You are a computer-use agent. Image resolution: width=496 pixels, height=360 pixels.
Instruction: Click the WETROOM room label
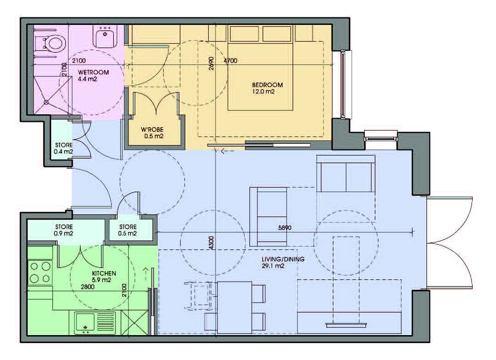coord(93,72)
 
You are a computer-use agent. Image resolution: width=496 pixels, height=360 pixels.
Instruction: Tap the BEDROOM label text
coord(267,85)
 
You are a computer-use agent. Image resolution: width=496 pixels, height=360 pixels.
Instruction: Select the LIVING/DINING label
coord(283,259)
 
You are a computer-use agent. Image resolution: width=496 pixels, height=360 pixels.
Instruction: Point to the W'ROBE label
coord(152,130)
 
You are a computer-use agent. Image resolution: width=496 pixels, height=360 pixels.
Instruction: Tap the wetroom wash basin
coord(105,36)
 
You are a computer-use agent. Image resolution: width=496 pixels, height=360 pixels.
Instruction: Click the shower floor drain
coord(46,102)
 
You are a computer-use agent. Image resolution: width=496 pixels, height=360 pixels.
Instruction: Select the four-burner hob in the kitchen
coord(40,272)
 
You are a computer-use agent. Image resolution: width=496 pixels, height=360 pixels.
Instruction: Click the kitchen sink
coord(95,323)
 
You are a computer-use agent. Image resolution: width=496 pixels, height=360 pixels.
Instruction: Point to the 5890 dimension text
coord(285,227)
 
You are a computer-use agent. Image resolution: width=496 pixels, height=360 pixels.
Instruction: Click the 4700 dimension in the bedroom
coord(230,60)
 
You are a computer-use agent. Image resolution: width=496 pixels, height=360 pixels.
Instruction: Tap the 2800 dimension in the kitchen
coord(88,287)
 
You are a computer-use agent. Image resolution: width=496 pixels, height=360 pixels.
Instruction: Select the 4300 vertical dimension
coord(211,242)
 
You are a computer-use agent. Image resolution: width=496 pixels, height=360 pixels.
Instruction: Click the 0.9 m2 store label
coord(64,233)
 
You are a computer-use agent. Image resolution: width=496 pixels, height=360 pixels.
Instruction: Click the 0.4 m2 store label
coord(63,152)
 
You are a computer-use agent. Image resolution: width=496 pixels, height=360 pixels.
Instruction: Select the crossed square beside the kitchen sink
coord(135,323)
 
